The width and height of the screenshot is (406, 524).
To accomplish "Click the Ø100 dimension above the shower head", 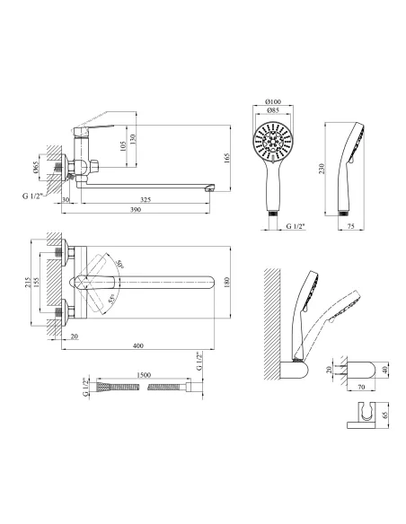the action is pos(273,101).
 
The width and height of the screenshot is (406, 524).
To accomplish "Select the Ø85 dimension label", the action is pos(273,110).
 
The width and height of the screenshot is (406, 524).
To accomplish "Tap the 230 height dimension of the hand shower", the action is pos(322,169).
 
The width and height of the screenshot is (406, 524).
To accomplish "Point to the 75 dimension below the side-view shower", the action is pos(350,226).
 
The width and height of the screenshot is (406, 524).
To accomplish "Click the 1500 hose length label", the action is pos(144,375).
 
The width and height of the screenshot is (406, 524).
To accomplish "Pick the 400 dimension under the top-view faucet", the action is pos(138,345).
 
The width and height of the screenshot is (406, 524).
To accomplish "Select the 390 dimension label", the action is pos(136,210).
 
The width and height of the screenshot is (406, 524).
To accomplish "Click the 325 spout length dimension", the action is pos(146,199).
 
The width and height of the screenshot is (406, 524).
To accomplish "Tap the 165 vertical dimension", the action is pos(226,158).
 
